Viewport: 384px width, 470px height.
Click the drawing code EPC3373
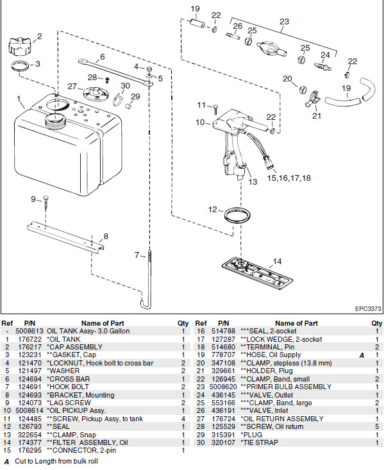[x=367, y=309]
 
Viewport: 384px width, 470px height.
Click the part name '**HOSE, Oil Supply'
[x=268, y=353]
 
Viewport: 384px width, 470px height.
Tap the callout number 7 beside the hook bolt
[x=137, y=255]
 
